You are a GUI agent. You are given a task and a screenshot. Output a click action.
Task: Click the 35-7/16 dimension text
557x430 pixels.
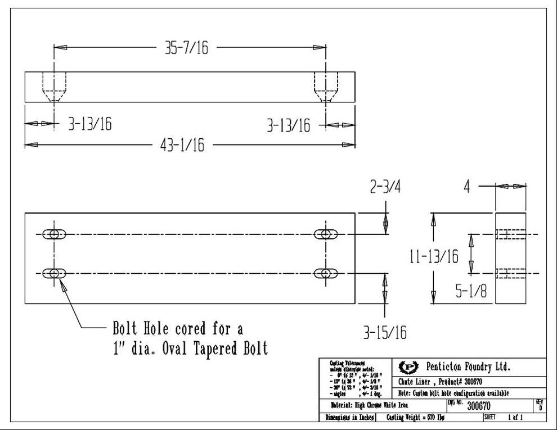tap(186, 48)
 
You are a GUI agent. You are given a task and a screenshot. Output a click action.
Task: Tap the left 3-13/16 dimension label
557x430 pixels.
tap(89, 124)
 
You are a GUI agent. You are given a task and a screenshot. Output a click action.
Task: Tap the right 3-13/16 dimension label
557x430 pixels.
tap(288, 125)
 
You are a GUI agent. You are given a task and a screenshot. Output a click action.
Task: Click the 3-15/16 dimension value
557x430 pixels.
tap(384, 332)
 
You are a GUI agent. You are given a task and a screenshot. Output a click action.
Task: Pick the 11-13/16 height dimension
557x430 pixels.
tap(434, 256)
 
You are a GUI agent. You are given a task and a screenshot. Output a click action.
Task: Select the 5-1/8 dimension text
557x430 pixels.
tap(471, 292)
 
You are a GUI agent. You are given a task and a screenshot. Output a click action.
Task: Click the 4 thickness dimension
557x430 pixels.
tap(466, 187)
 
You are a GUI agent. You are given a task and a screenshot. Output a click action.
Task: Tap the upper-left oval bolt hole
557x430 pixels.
tap(55, 233)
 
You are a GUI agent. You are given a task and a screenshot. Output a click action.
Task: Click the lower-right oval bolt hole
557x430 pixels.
tap(325, 273)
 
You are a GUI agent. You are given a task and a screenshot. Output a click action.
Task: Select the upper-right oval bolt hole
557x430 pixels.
tap(325, 233)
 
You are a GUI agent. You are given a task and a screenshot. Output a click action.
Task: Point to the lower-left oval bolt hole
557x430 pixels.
tap(55, 273)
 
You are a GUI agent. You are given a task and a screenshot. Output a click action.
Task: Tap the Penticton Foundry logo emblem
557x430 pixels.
tap(407, 367)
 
